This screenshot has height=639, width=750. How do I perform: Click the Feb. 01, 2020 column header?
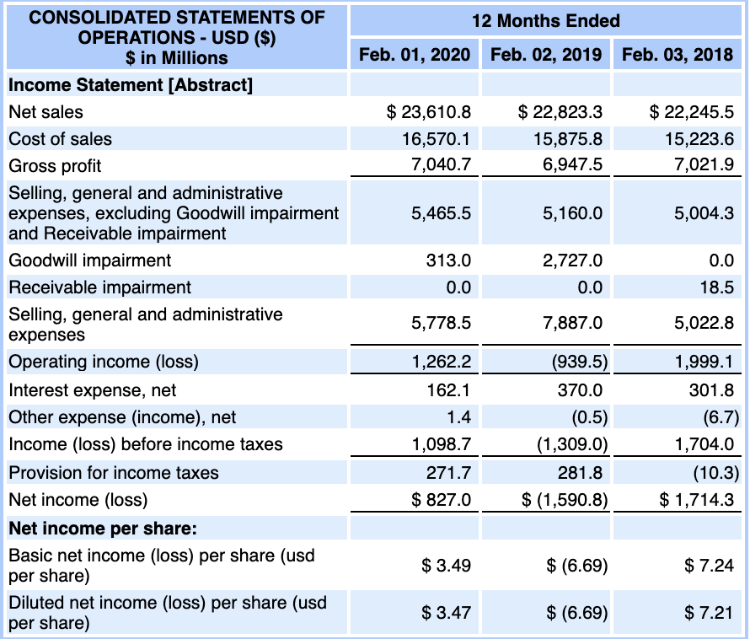coord(415,55)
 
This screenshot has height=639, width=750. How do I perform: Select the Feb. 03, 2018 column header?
coord(678,55)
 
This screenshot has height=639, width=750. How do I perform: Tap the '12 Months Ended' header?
coord(545,21)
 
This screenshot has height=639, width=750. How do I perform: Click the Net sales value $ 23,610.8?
coord(428,111)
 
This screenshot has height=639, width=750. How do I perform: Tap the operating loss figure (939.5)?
coord(578,362)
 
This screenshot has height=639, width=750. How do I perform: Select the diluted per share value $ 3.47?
coord(446,613)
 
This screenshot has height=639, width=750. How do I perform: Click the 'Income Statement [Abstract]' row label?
coord(130,84)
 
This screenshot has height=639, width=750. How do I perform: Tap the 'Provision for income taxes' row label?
coord(114,472)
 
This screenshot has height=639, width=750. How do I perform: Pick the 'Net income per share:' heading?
coord(103,529)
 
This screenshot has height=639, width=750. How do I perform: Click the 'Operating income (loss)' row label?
coord(104,362)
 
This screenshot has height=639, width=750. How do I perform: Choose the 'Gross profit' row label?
coord(55,166)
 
